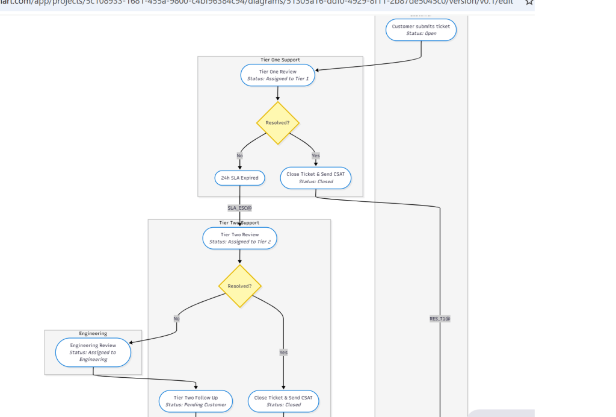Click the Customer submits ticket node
point(421,30)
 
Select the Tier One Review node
point(278,75)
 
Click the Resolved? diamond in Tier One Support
point(277,123)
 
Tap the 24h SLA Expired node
point(240,178)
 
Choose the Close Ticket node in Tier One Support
point(316,178)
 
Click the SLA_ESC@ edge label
point(239,208)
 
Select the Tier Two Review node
point(240,238)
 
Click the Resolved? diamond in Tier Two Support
point(239,286)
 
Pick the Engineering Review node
point(93,353)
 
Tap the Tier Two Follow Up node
point(196,401)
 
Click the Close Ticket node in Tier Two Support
point(283,401)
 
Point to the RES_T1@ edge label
point(440,319)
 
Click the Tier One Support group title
point(280,60)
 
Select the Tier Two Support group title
point(239,223)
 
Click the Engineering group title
point(93,333)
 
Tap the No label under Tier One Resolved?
point(240,155)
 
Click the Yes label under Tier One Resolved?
point(316,155)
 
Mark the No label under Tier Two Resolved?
point(176,319)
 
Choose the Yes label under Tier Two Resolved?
point(283,352)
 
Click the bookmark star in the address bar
point(529,2)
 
